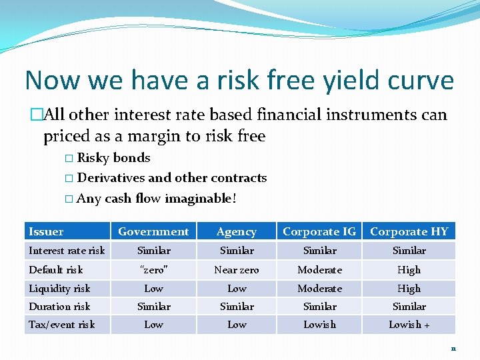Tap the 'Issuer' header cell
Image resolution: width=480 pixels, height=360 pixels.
[46, 232]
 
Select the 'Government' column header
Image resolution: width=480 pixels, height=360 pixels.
[153, 232]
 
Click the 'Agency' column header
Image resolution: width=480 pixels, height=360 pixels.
[237, 232]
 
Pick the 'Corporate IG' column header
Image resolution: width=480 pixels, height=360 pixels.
[319, 232]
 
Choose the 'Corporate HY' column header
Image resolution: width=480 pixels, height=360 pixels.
[409, 232]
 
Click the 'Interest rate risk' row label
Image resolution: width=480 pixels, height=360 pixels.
[67, 251]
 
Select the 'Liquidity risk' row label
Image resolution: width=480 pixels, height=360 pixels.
[59, 289]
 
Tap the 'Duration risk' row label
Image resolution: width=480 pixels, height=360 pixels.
[59, 307]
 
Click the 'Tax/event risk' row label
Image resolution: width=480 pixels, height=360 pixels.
[61, 325]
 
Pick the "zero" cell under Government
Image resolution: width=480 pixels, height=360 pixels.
[153, 270]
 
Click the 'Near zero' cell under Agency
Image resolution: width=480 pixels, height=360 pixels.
[237, 270]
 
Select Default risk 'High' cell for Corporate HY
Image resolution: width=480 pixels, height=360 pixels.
[409, 270]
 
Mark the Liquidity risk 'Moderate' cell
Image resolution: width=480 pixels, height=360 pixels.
[319, 289]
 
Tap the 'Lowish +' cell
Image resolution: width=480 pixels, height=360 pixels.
[409, 325]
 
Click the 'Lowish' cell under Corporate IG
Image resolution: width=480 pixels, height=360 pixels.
[319, 325]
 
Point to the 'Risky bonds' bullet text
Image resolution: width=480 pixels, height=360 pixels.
[113, 158]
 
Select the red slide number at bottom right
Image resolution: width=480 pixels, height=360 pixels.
[453, 348]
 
